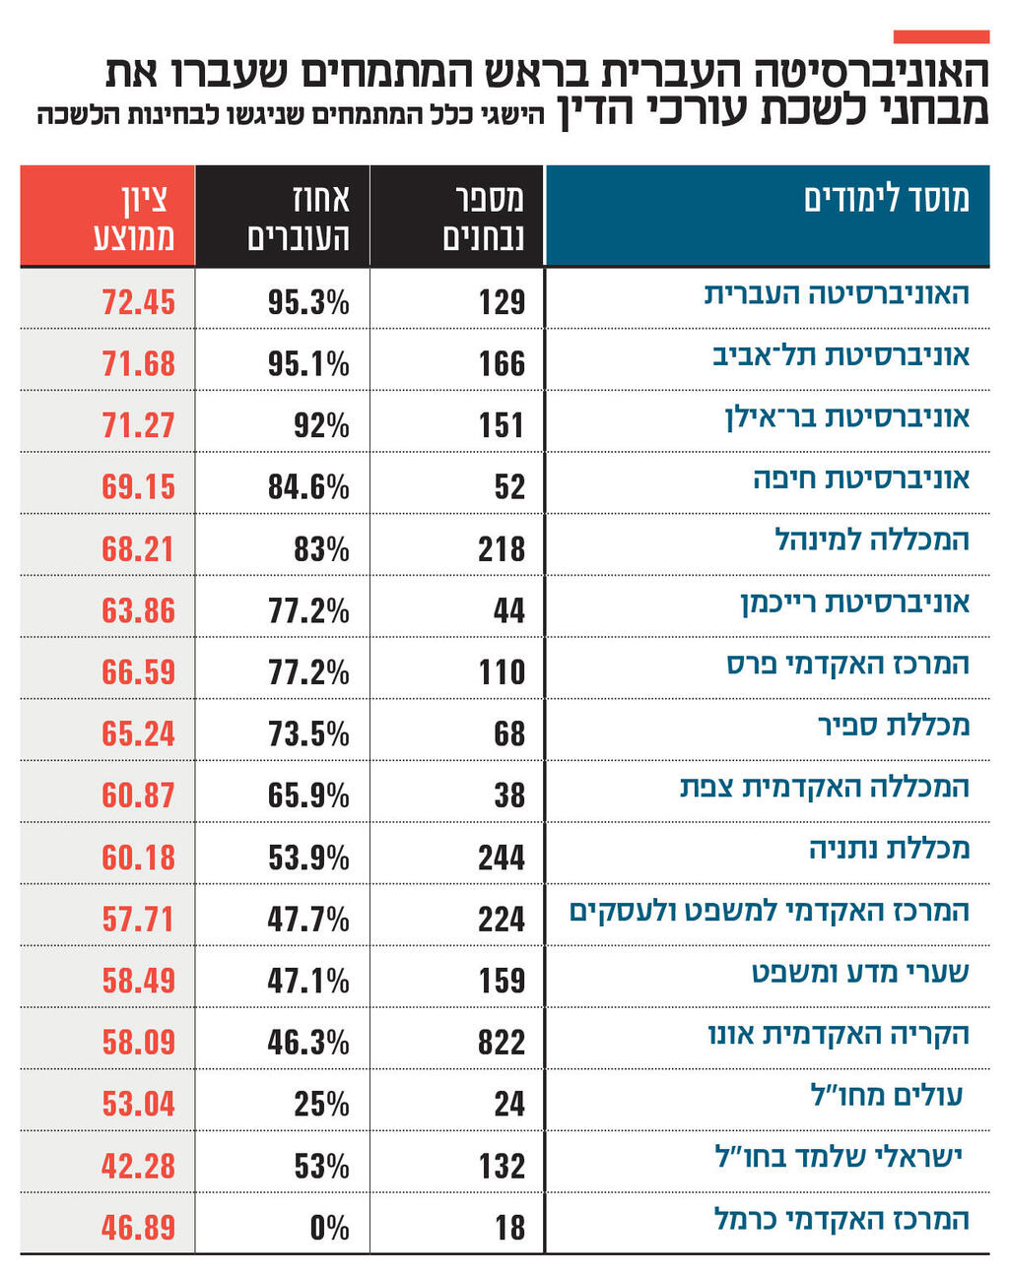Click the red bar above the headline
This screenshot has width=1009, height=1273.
(940, 36)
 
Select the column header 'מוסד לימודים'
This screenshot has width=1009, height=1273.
(886, 199)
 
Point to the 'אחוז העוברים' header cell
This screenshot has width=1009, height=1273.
(298, 217)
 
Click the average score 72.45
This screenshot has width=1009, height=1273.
(138, 302)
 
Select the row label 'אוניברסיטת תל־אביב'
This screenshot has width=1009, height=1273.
(841, 355)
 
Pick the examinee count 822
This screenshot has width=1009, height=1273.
(501, 1043)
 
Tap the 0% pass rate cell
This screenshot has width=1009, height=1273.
(328, 1228)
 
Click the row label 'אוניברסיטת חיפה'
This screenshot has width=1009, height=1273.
(861, 479)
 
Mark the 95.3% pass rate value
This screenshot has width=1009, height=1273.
(307, 302)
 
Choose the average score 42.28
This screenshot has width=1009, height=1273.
(138, 1167)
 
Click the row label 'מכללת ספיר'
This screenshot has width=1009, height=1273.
(893, 727)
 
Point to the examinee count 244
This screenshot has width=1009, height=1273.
(501, 858)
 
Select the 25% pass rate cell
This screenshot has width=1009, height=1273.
(321, 1105)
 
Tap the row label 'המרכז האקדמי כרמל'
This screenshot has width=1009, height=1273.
(841, 1220)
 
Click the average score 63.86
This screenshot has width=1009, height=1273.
(138, 611)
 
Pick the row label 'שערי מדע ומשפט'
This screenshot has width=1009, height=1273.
(860, 974)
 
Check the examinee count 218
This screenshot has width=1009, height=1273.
(501, 549)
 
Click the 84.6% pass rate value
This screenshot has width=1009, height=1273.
(307, 487)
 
